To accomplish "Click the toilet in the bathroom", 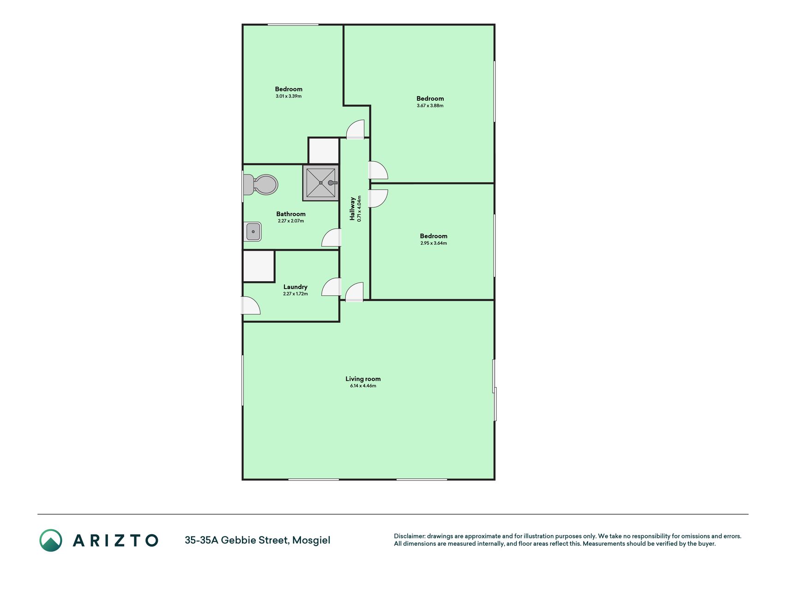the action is (x=260, y=185).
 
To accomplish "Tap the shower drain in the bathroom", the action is (x=321, y=183).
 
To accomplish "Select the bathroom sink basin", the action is (x=253, y=232).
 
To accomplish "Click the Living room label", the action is (x=363, y=379).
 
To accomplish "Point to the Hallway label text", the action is (x=353, y=209).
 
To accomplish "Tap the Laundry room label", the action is (x=295, y=287).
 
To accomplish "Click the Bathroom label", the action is (x=291, y=214).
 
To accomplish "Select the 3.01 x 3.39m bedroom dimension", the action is (x=289, y=96).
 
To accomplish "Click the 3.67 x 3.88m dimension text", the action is (x=430, y=106).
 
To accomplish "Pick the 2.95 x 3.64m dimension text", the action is (x=433, y=243).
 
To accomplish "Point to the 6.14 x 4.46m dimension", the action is (x=363, y=386).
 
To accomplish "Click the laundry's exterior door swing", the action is (x=251, y=306).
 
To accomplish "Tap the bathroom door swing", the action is (x=331, y=237).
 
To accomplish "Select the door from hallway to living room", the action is (x=355, y=292).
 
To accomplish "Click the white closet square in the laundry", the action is (x=259, y=266).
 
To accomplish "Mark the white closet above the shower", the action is (x=324, y=151).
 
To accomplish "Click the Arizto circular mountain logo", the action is (x=51, y=540).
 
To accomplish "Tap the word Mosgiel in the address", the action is (x=311, y=540).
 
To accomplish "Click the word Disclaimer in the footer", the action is (x=409, y=536).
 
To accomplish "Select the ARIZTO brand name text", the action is (x=115, y=541).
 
